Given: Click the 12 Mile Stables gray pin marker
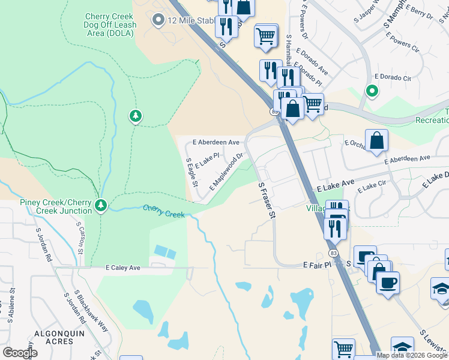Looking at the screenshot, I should (158, 21).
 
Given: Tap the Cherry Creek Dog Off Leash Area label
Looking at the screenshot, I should (110, 21).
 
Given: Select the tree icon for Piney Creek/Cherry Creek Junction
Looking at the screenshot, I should (101, 206).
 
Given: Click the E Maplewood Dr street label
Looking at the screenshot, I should (226, 172).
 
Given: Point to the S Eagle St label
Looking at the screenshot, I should (192, 172).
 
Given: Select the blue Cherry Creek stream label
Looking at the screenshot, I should (164, 211).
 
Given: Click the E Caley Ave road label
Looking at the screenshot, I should (123, 268).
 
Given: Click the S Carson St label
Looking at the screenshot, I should (80, 237).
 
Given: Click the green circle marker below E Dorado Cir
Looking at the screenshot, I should (372, 92).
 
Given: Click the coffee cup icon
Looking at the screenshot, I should (388, 281).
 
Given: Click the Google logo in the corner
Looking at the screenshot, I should (20, 352).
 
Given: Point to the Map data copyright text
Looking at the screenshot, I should (412, 355).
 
